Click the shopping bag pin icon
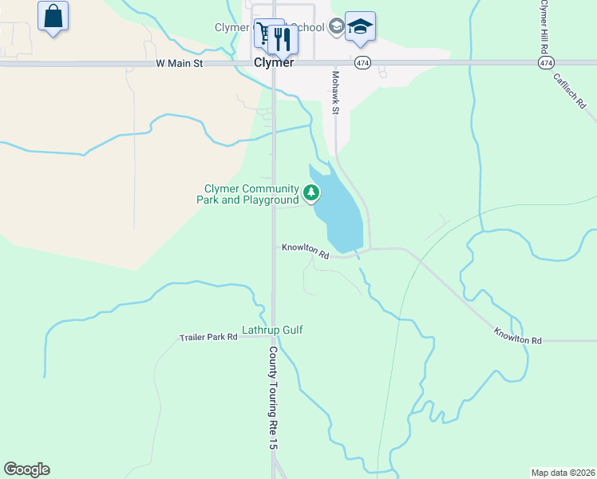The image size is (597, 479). (x=53, y=17)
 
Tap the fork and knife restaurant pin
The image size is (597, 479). (x=282, y=38)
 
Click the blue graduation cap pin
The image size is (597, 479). (x=360, y=27)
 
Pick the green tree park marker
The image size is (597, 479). (x=310, y=192)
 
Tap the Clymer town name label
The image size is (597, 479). (x=274, y=62)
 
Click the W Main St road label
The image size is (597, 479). (x=181, y=62)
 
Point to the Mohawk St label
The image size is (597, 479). (x=336, y=92)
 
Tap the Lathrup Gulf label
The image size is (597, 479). (x=272, y=330)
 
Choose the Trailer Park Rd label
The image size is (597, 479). (x=208, y=338)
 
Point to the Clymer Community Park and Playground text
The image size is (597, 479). (x=247, y=194)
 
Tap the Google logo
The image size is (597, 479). (x=26, y=469)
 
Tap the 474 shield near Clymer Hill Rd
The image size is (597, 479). (x=546, y=62)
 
